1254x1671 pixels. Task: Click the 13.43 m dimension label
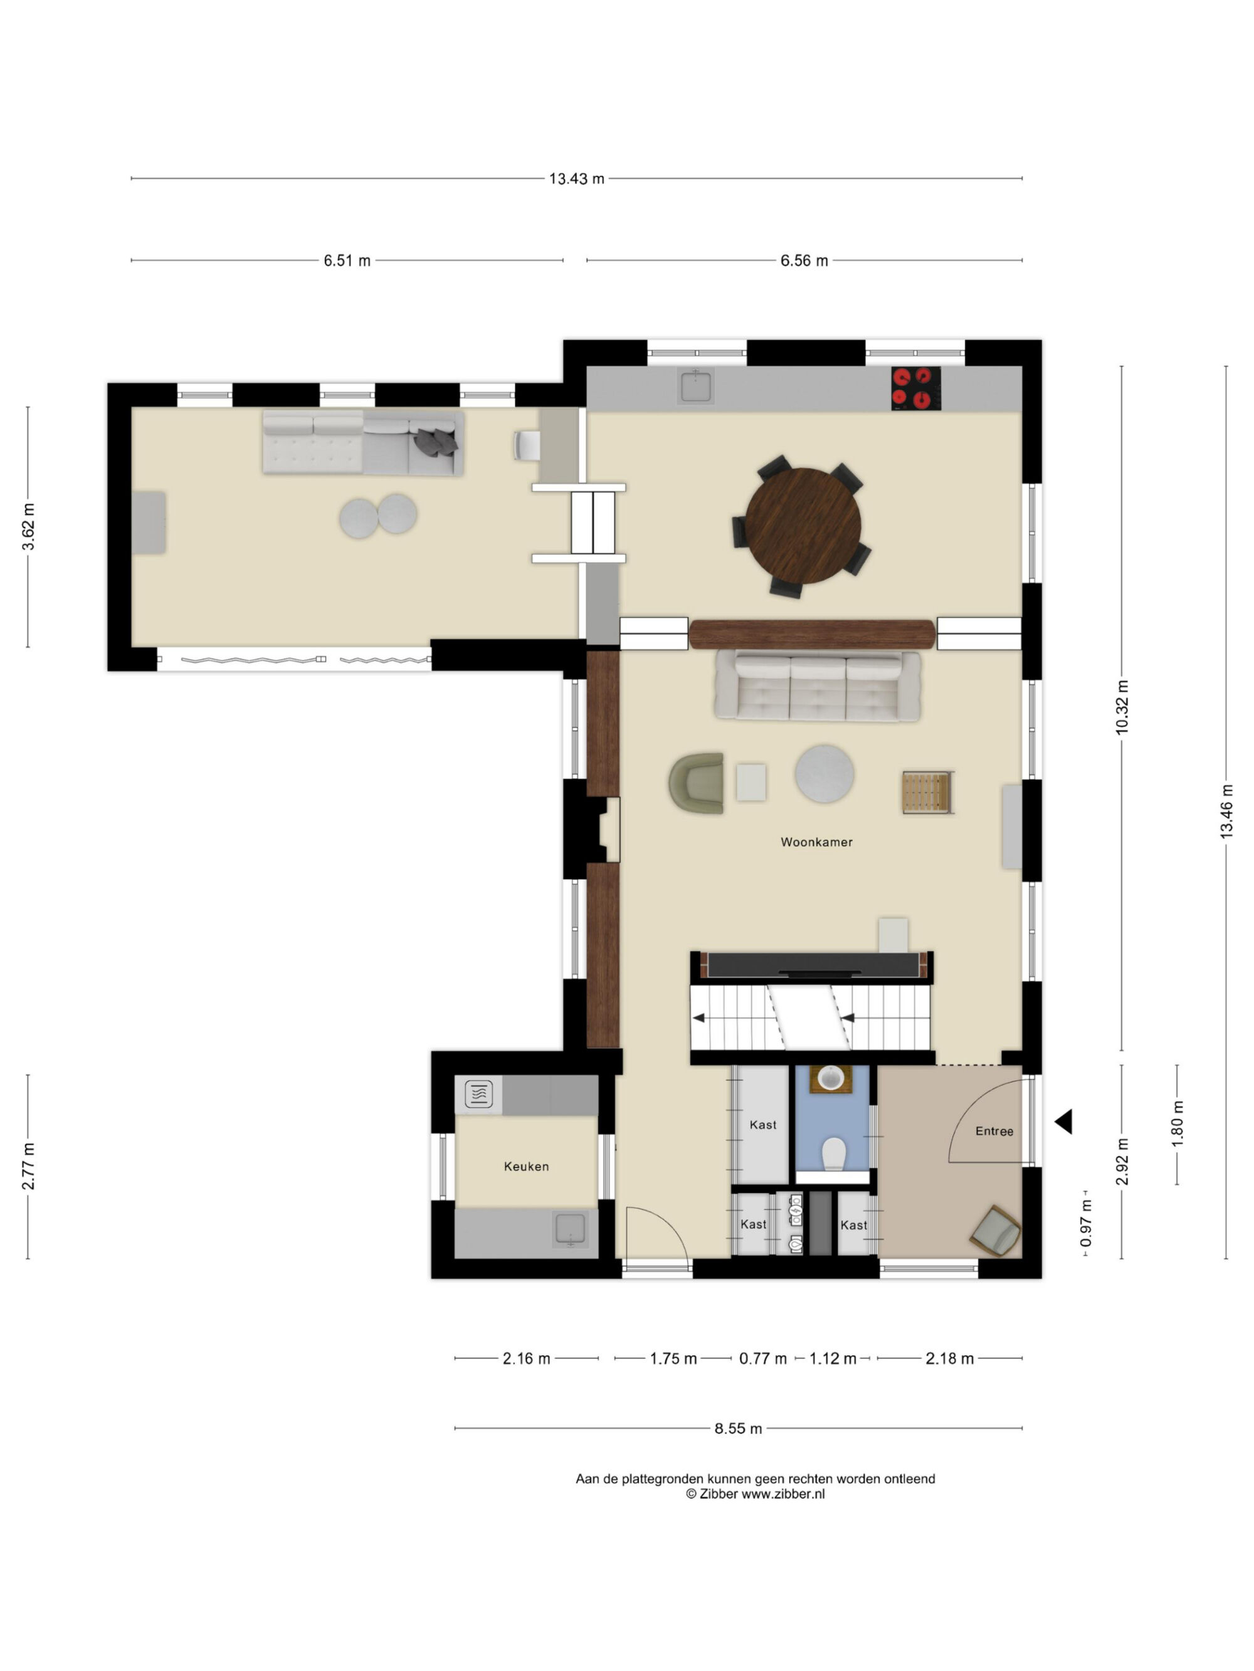coord(576,179)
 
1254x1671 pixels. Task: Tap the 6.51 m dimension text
coord(347,261)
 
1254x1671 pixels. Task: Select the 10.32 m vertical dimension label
coord(1122,707)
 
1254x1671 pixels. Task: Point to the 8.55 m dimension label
coord(738,1429)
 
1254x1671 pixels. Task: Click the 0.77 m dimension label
coord(762,1358)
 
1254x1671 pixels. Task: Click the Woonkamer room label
coord(816,842)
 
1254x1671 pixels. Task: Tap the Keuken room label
coord(526,1167)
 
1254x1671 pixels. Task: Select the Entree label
coord(994,1131)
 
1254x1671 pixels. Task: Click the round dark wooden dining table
coord(803,526)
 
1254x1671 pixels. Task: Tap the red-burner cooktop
coord(916,388)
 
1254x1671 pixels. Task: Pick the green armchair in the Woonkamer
coord(696,783)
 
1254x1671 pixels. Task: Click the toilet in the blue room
coord(833,1154)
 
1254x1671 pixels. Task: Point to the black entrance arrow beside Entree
coord(1064,1122)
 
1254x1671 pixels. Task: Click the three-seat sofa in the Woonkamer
coord(817,686)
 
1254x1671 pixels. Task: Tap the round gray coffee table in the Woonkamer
coord(825,774)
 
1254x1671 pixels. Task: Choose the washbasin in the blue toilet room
coord(831,1078)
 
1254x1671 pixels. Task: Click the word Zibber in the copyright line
coord(718,1494)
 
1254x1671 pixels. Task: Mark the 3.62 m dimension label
coord(28,526)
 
